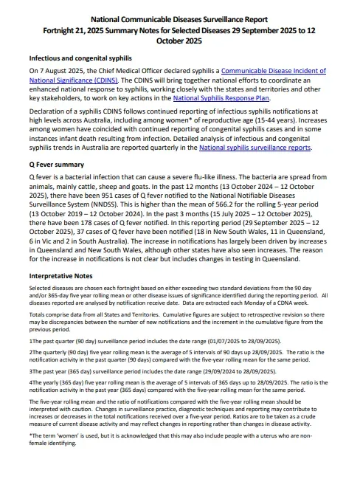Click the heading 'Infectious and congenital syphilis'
80,57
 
